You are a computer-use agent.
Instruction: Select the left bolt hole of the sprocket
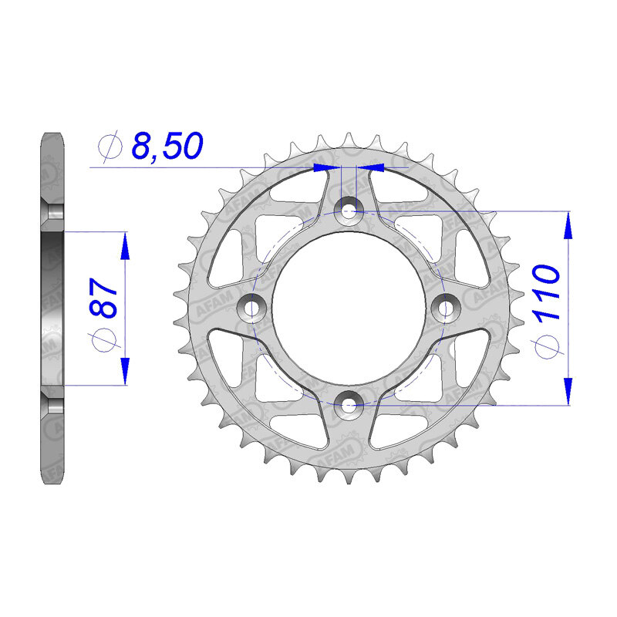(252, 307)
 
